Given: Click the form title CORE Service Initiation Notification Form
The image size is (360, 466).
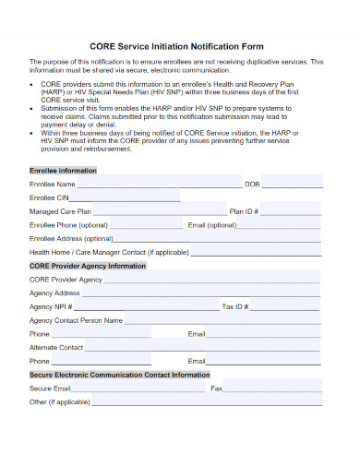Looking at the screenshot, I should click(176, 45).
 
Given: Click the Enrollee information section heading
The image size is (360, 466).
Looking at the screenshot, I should click(63, 171).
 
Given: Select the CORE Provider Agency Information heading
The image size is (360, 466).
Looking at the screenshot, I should click(88, 265).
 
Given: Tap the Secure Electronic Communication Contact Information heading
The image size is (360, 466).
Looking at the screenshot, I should click(120, 375).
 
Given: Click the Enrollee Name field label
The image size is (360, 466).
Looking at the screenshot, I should click(53, 184).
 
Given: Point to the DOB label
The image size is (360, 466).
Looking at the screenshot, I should click(252, 184).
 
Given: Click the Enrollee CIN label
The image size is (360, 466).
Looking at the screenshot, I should click(50, 197).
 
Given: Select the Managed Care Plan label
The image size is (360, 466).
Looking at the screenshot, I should click(60, 211).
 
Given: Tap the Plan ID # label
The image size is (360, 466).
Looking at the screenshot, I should click(244, 211).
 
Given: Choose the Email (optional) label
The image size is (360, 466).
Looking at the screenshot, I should click(212, 224).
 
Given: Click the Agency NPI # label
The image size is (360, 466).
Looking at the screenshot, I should click(50, 306).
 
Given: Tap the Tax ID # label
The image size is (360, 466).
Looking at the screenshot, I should click(235, 306).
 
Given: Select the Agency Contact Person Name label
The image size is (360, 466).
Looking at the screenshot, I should click(76, 320).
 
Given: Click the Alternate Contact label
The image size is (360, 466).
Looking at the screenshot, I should click(56, 347).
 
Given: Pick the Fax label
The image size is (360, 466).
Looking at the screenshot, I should click(217, 388).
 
